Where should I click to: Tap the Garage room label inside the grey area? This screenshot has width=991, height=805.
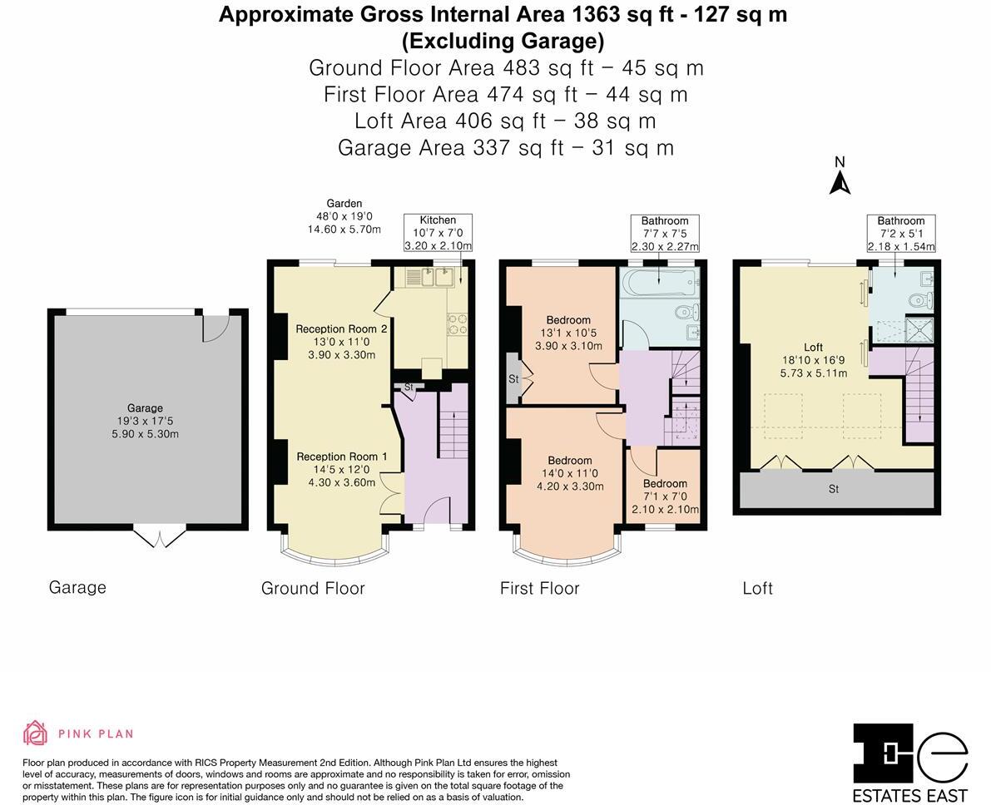tap(146, 421)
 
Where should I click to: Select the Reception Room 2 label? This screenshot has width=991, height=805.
tap(341, 341)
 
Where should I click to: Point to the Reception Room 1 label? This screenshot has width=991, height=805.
tap(342, 469)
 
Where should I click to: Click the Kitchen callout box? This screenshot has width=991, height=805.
tap(438, 233)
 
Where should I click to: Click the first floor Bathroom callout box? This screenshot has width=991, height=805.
tap(665, 233)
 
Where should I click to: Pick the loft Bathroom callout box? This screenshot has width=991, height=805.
tap(901, 233)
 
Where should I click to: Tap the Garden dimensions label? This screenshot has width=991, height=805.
tap(344, 216)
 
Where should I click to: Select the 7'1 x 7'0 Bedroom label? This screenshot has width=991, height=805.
tap(666, 496)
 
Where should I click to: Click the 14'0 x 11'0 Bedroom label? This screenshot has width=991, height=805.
tap(570, 473)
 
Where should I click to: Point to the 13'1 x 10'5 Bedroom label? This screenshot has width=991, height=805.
tap(569, 333)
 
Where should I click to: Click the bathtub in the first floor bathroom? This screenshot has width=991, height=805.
tap(659, 283)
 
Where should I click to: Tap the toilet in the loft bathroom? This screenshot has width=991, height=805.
tap(919, 299)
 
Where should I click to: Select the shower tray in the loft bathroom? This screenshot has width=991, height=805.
tap(920, 330)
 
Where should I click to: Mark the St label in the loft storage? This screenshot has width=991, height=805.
tap(834, 489)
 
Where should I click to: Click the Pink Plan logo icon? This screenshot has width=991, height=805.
tap(35, 733)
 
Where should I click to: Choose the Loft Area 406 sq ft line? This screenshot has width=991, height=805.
tap(505, 121)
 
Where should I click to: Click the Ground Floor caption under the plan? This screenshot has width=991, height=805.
tap(313, 588)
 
